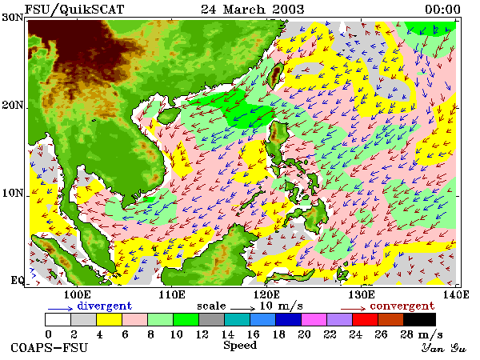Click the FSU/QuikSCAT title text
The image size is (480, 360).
click(x=74, y=9)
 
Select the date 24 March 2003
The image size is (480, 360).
click(x=253, y=9)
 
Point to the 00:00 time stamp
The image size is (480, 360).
click(x=442, y=9)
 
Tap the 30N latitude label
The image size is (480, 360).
click(x=13, y=17)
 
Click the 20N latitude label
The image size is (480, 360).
click(x=13, y=106)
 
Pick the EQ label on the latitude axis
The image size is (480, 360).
click(x=18, y=280)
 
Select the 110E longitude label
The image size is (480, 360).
click(x=172, y=294)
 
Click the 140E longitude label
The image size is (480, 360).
click(x=456, y=294)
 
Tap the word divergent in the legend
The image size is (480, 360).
click(x=104, y=306)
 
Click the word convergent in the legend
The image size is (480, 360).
click(x=402, y=306)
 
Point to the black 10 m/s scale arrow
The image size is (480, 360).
click(x=242, y=308)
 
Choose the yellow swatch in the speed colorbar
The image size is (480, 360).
click(x=110, y=319)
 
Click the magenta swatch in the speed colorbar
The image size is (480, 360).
click(x=314, y=319)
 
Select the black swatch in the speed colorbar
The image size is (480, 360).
click(x=419, y=319)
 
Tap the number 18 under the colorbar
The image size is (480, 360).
click(x=278, y=334)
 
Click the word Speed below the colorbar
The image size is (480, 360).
click(x=240, y=346)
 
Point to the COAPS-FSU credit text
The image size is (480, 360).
click(x=50, y=348)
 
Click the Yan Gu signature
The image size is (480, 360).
click(x=443, y=348)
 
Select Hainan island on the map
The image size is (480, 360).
click(x=169, y=116)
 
